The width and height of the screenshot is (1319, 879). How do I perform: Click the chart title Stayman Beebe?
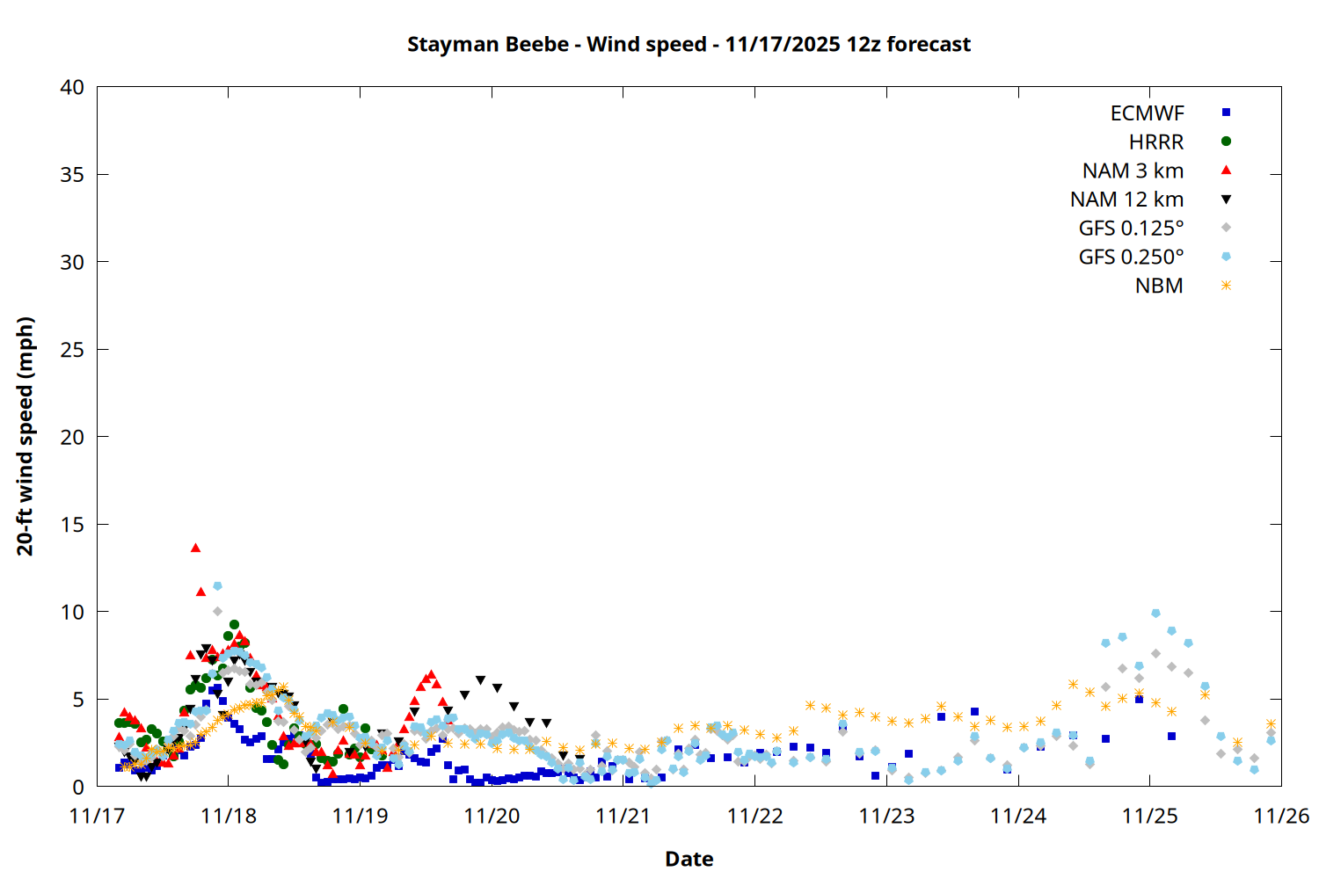(689, 44)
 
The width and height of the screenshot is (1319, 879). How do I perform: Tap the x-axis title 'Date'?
(689, 859)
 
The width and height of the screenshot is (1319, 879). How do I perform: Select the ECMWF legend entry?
(1147, 113)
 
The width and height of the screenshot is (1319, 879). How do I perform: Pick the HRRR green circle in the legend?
(1226, 142)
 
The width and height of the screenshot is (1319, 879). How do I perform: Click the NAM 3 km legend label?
(1133, 171)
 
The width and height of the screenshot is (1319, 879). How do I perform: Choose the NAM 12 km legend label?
(1126, 200)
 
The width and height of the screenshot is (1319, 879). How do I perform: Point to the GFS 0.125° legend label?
(1131, 229)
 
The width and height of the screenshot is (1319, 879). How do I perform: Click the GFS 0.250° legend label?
(1131, 258)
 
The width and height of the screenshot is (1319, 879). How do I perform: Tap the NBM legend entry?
(1159, 287)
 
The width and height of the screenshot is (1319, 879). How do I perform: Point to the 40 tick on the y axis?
(72, 87)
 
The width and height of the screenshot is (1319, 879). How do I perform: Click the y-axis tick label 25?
(72, 350)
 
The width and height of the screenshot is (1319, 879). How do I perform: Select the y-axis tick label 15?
(72, 525)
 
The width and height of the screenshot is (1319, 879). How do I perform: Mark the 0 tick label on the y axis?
(78, 787)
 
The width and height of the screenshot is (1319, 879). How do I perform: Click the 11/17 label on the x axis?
(97, 816)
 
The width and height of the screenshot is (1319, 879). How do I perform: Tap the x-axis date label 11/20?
(492, 816)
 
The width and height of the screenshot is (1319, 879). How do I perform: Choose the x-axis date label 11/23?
(886, 816)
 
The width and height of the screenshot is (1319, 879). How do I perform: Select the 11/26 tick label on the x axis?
(1281, 816)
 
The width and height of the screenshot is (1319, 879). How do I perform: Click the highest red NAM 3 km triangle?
(195, 548)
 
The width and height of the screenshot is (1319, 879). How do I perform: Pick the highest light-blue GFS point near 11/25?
(1155, 614)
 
